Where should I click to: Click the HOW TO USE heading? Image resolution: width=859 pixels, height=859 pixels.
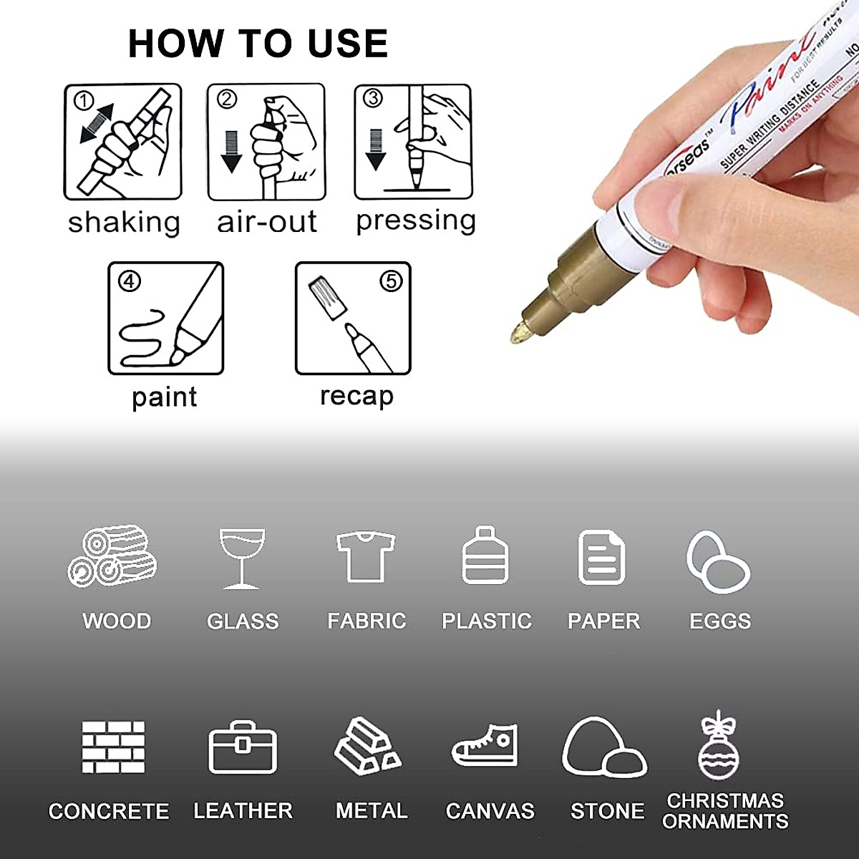[x=258, y=44]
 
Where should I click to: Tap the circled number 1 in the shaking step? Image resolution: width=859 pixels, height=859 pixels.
[x=84, y=100]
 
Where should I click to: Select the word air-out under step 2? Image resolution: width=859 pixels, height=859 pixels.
[x=266, y=222]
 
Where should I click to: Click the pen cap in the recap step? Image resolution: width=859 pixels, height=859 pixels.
[x=328, y=299]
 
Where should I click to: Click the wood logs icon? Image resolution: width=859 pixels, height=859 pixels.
[x=112, y=556]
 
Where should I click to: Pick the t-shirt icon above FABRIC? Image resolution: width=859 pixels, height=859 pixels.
[x=366, y=557]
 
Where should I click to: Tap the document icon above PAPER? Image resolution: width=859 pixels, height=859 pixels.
[x=601, y=558]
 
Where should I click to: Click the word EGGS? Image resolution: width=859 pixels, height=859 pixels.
[x=720, y=621]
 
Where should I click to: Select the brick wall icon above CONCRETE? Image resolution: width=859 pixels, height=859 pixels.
[x=113, y=747]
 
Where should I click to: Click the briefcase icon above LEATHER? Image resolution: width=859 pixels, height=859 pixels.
[x=243, y=748]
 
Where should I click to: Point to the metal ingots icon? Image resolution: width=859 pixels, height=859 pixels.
[x=368, y=746]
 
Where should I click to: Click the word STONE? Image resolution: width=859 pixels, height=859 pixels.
[x=607, y=811]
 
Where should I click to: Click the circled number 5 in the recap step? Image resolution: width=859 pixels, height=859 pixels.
[x=391, y=281]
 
